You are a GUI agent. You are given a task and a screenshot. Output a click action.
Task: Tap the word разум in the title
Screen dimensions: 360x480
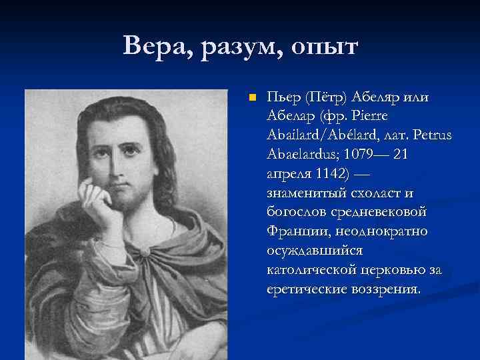tap(234, 48)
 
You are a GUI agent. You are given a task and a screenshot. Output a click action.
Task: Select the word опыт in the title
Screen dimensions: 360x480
tap(321, 48)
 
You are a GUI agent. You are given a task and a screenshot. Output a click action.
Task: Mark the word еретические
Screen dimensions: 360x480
tap(308, 290)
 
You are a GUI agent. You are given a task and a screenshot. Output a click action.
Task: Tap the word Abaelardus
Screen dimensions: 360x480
tap(305, 155)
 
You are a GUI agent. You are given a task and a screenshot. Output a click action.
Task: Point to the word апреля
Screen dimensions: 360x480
tap(289, 174)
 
